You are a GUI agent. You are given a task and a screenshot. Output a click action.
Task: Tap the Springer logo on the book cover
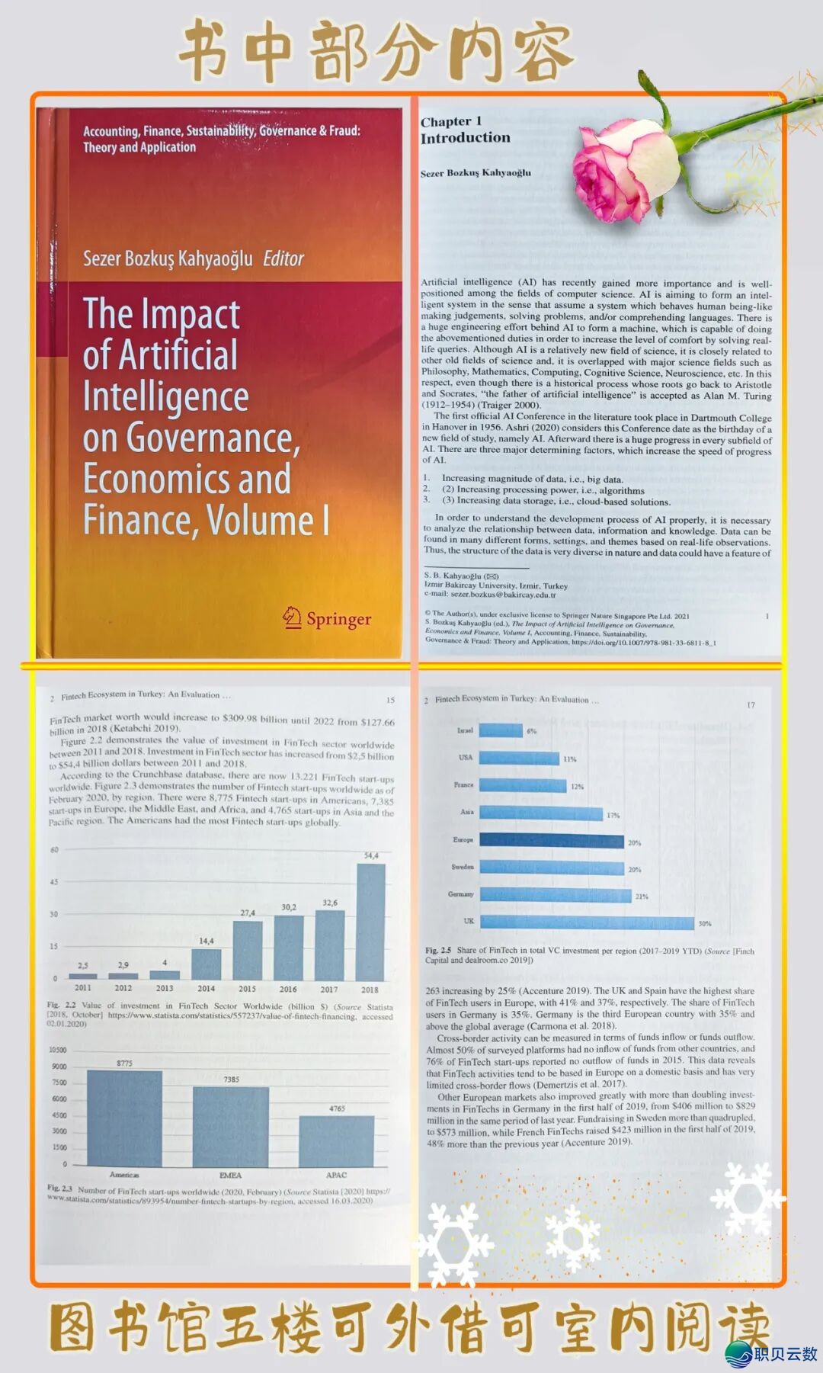328,618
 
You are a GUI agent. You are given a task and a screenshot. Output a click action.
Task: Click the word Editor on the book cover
283,259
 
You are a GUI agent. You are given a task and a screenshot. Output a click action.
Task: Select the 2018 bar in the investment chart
370,921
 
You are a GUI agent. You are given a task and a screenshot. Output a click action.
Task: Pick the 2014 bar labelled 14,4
206,964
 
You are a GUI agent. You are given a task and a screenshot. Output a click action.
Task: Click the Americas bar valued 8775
124,1118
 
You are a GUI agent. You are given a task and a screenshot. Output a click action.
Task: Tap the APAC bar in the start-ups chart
336,1140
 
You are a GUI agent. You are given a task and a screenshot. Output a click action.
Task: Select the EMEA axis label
230,1176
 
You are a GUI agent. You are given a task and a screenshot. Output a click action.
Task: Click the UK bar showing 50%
587,922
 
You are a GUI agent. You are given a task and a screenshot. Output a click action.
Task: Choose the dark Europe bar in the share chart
552,842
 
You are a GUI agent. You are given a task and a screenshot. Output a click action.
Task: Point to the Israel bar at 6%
501,730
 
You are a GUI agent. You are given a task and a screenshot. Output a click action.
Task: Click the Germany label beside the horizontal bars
460,894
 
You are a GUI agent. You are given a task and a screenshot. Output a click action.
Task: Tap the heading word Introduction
465,138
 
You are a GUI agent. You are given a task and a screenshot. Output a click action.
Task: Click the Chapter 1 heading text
451,121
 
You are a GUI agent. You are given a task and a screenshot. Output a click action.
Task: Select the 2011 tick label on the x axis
83,988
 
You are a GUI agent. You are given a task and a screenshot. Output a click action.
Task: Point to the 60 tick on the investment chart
54,850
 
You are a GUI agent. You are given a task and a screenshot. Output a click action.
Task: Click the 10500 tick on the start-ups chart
58,1050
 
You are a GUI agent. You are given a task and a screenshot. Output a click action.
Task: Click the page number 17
751,705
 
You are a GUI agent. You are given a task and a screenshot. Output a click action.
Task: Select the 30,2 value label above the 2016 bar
289,907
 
